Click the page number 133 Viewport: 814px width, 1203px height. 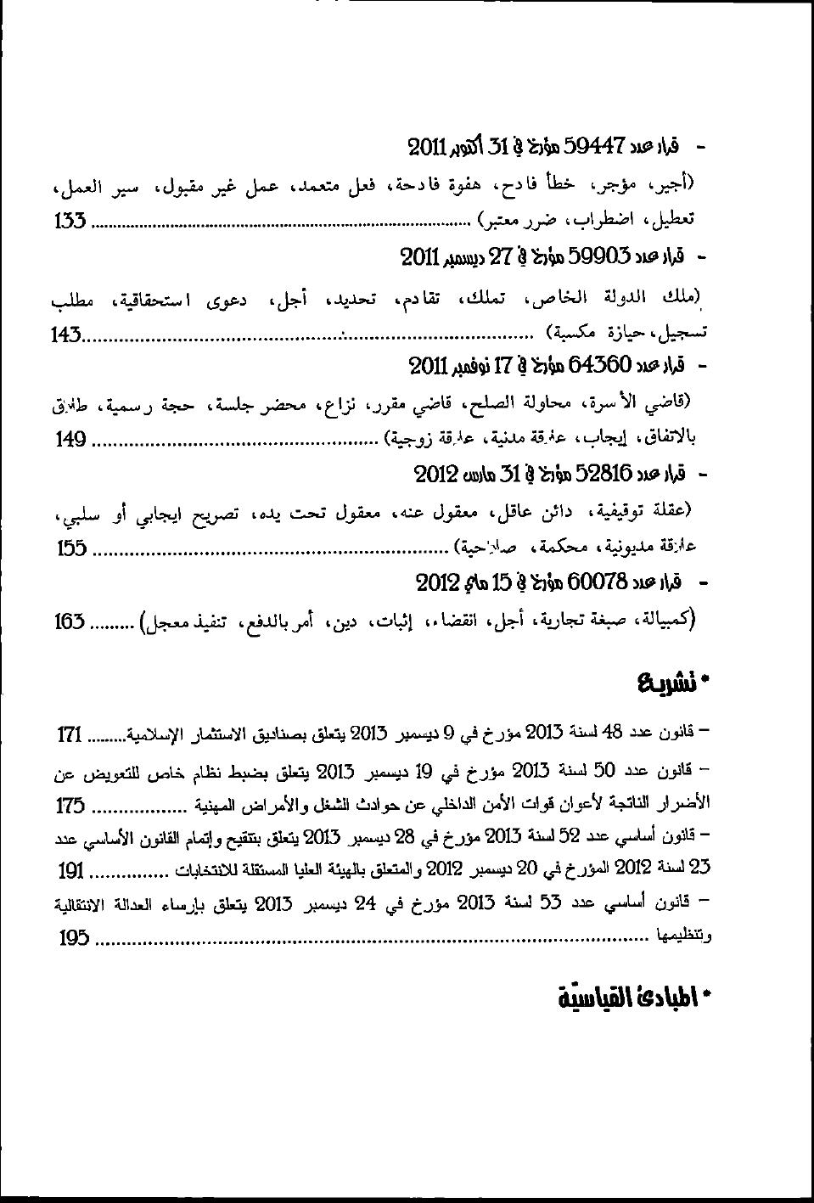coord(70,222)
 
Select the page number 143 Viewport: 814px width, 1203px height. coord(65,334)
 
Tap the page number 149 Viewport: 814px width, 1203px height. coord(71,439)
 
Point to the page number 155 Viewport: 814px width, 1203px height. coord(72,548)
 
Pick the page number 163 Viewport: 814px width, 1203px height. coord(70,621)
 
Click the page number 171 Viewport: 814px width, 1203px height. coord(70,734)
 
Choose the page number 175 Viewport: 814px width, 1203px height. coord(70,806)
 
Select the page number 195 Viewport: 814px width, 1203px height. coord(75,938)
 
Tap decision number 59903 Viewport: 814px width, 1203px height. coord(598,256)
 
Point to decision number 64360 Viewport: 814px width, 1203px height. coord(601,365)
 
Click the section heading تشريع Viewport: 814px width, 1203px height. coord(671,683)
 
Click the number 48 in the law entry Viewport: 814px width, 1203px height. coord(612,731)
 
